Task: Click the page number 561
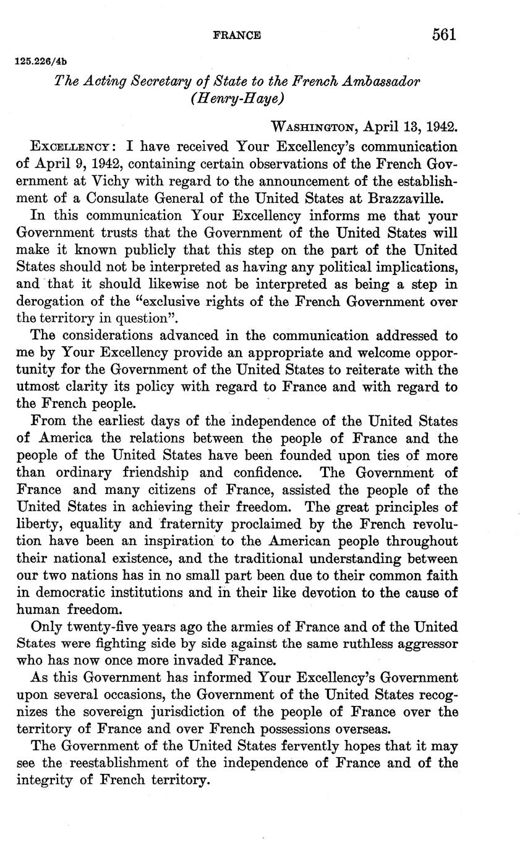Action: pyautogui.click(x=444, y=35)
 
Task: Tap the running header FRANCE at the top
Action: pyautogui.click(x=236, y=36)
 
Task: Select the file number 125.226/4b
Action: pyautogui.click(x=40, y=62)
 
